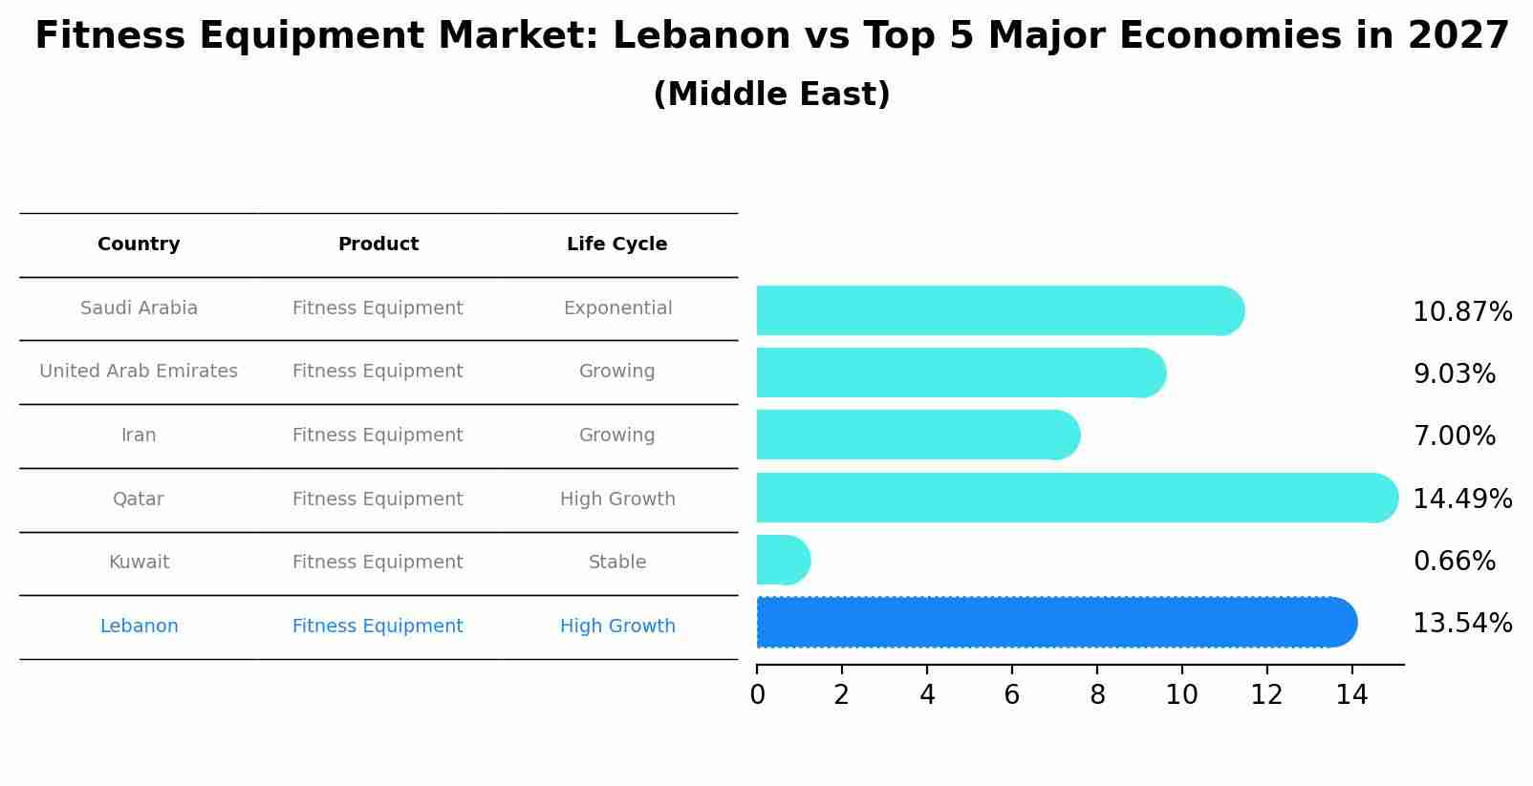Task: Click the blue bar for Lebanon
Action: [x=1051, y=623]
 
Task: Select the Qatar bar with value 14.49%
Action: [x=1070, y=498]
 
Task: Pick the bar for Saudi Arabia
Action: [x=994, y=310]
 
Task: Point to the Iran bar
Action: [x=913, y=435]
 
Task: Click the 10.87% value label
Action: [x=1461, y=312]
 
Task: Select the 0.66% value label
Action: [x=1454, y=562]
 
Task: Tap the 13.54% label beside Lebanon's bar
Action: [x=1461, y=624]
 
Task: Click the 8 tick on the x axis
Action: [x=1097, y=695]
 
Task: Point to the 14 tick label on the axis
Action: [x=1351, y=695]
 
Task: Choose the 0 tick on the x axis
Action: [x=757, y=695]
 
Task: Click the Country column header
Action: [x=139, y=244]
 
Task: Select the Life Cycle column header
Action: [x=616, y=244]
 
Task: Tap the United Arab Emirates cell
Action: [x=139, y=372]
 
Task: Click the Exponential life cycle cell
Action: [x=617, y=308]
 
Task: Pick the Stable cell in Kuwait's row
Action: [x=617, y=563]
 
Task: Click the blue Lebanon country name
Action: [x=139, y=627]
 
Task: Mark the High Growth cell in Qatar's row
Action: [x=617, y=499]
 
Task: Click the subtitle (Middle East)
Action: [x=771, y=95]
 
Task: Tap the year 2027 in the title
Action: [x=1458, y=36]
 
